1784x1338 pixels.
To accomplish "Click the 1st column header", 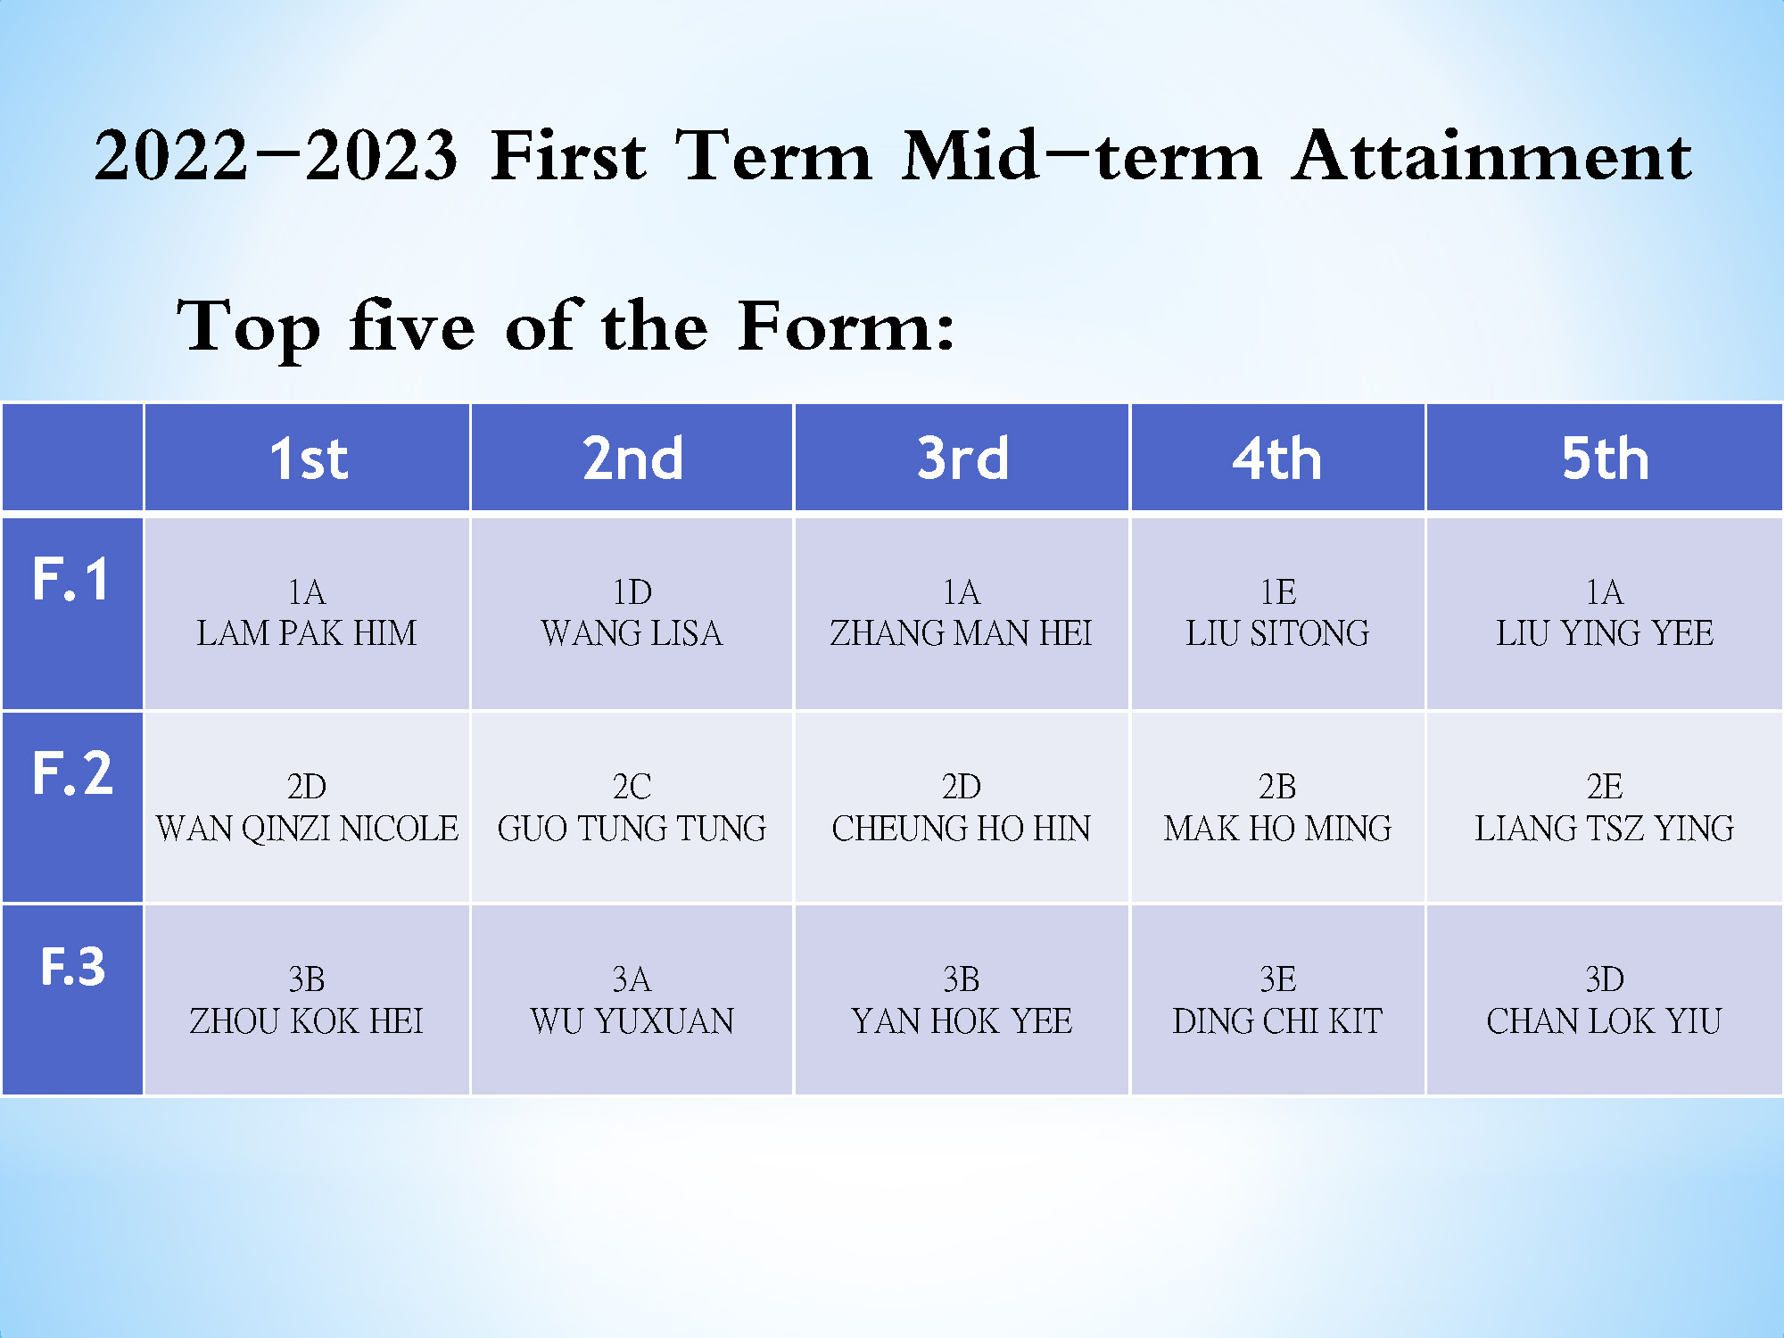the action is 309,458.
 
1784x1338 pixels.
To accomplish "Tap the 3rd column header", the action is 962,458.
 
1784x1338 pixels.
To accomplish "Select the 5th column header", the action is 1605,458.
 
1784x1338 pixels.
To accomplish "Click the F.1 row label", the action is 71,579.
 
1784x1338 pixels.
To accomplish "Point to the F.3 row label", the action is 73,966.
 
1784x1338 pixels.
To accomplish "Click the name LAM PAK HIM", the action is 307,633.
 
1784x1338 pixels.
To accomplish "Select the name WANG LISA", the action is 632,633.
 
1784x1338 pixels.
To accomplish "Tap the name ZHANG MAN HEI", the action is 962,633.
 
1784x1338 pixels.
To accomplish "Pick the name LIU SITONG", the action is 1277,633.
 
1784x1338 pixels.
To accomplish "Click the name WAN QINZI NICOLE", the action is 307,829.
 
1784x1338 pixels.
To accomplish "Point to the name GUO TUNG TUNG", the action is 632,829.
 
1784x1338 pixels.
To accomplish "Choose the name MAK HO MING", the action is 1277,829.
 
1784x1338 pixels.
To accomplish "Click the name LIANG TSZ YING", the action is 1605,829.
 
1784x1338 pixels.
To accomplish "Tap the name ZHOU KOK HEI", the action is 307,1021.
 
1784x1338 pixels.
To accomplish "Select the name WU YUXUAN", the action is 632,1021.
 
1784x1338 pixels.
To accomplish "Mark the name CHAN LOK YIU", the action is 1605,1021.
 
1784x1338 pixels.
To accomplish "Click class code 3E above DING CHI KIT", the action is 1277,979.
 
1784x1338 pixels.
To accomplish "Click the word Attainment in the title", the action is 1491,156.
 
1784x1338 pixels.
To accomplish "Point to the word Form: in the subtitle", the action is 847,326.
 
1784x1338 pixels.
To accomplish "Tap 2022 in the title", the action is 171,156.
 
